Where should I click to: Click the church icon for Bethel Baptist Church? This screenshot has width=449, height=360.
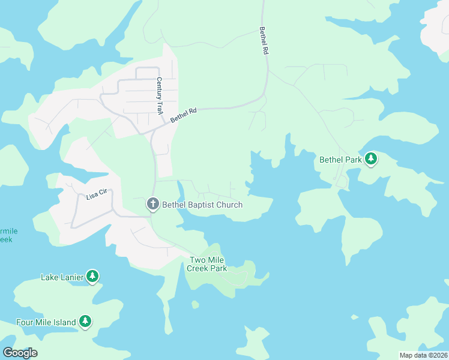coord(152,205)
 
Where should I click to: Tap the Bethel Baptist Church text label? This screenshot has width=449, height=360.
coord(202,205)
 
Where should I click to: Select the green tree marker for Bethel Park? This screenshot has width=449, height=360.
coord(371,159)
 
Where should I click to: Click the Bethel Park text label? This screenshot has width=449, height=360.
coord(340,160)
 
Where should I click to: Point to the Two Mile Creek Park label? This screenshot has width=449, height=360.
coord(208,264)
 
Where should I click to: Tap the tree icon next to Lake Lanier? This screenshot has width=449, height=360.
coord(92,277)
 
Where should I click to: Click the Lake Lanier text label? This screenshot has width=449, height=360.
coord(62,277)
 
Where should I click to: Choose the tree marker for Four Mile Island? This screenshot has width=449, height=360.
coord(85,322)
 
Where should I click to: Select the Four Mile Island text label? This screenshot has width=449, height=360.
coord(46,322)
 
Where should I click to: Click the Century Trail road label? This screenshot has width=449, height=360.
coord(160,96)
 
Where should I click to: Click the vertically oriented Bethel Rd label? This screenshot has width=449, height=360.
coord(263,41)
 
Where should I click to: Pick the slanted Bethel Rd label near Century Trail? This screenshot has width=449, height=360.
coord(184,115)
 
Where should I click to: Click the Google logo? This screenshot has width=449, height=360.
coord(20,353)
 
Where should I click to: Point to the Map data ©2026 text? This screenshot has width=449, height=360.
coord(423,355)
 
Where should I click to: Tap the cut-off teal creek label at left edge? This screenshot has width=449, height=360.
coord(6,235)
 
